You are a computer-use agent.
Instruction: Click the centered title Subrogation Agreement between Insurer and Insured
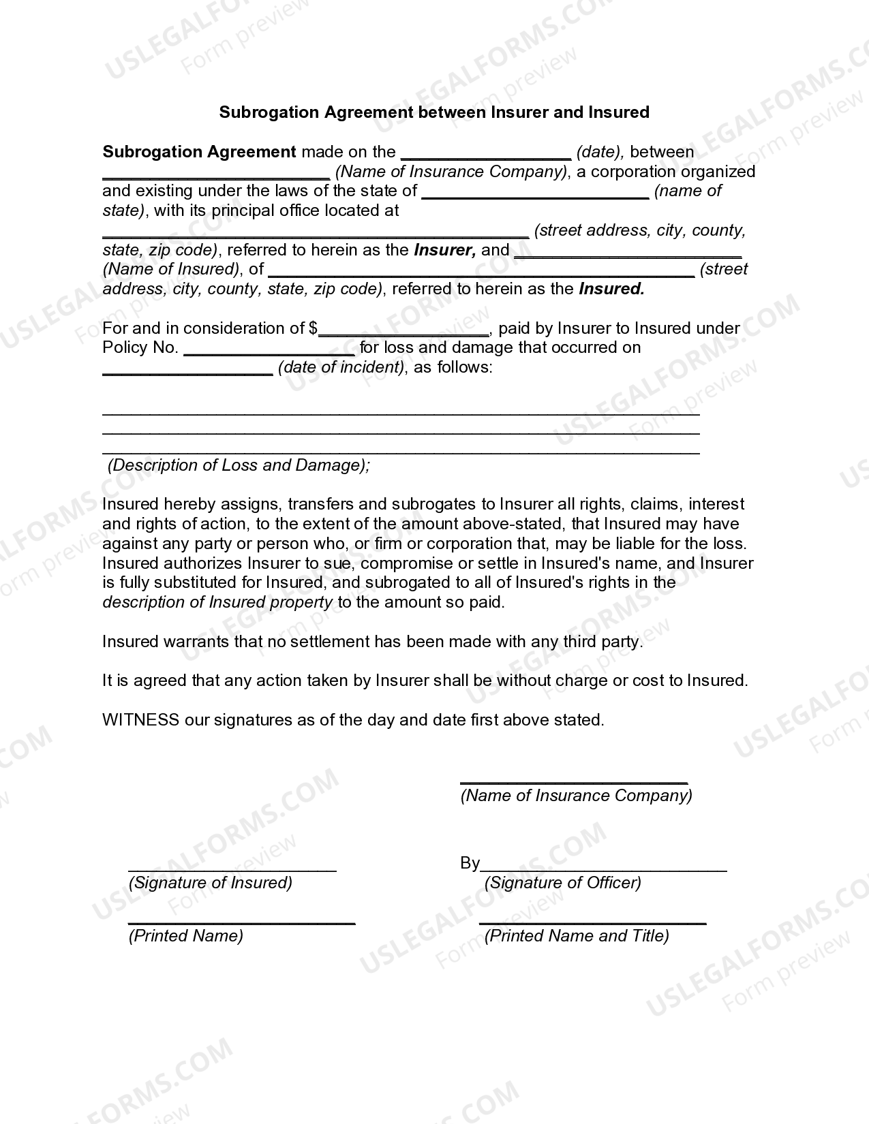coord(434,112)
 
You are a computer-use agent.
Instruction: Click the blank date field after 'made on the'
coord(486,153)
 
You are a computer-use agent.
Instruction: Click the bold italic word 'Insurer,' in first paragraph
coord(444,250)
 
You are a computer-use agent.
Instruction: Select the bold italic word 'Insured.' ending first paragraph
coord(611,289)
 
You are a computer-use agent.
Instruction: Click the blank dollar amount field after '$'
coord(403,330)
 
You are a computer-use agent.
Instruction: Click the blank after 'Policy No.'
coord(269,349)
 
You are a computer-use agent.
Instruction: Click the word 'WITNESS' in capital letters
coord(140,720)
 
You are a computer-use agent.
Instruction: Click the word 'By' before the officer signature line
coord(470,863)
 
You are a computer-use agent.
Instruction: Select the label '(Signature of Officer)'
coord(562,883)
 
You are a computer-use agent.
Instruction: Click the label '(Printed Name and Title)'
coord(576,936)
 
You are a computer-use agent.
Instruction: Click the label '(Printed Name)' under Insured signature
coord(185,936)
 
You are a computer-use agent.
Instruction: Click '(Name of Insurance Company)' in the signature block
coord(576,796)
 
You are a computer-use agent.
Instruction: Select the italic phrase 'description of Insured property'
coord(217,602)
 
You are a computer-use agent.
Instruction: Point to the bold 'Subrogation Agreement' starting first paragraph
coord(199,152)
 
